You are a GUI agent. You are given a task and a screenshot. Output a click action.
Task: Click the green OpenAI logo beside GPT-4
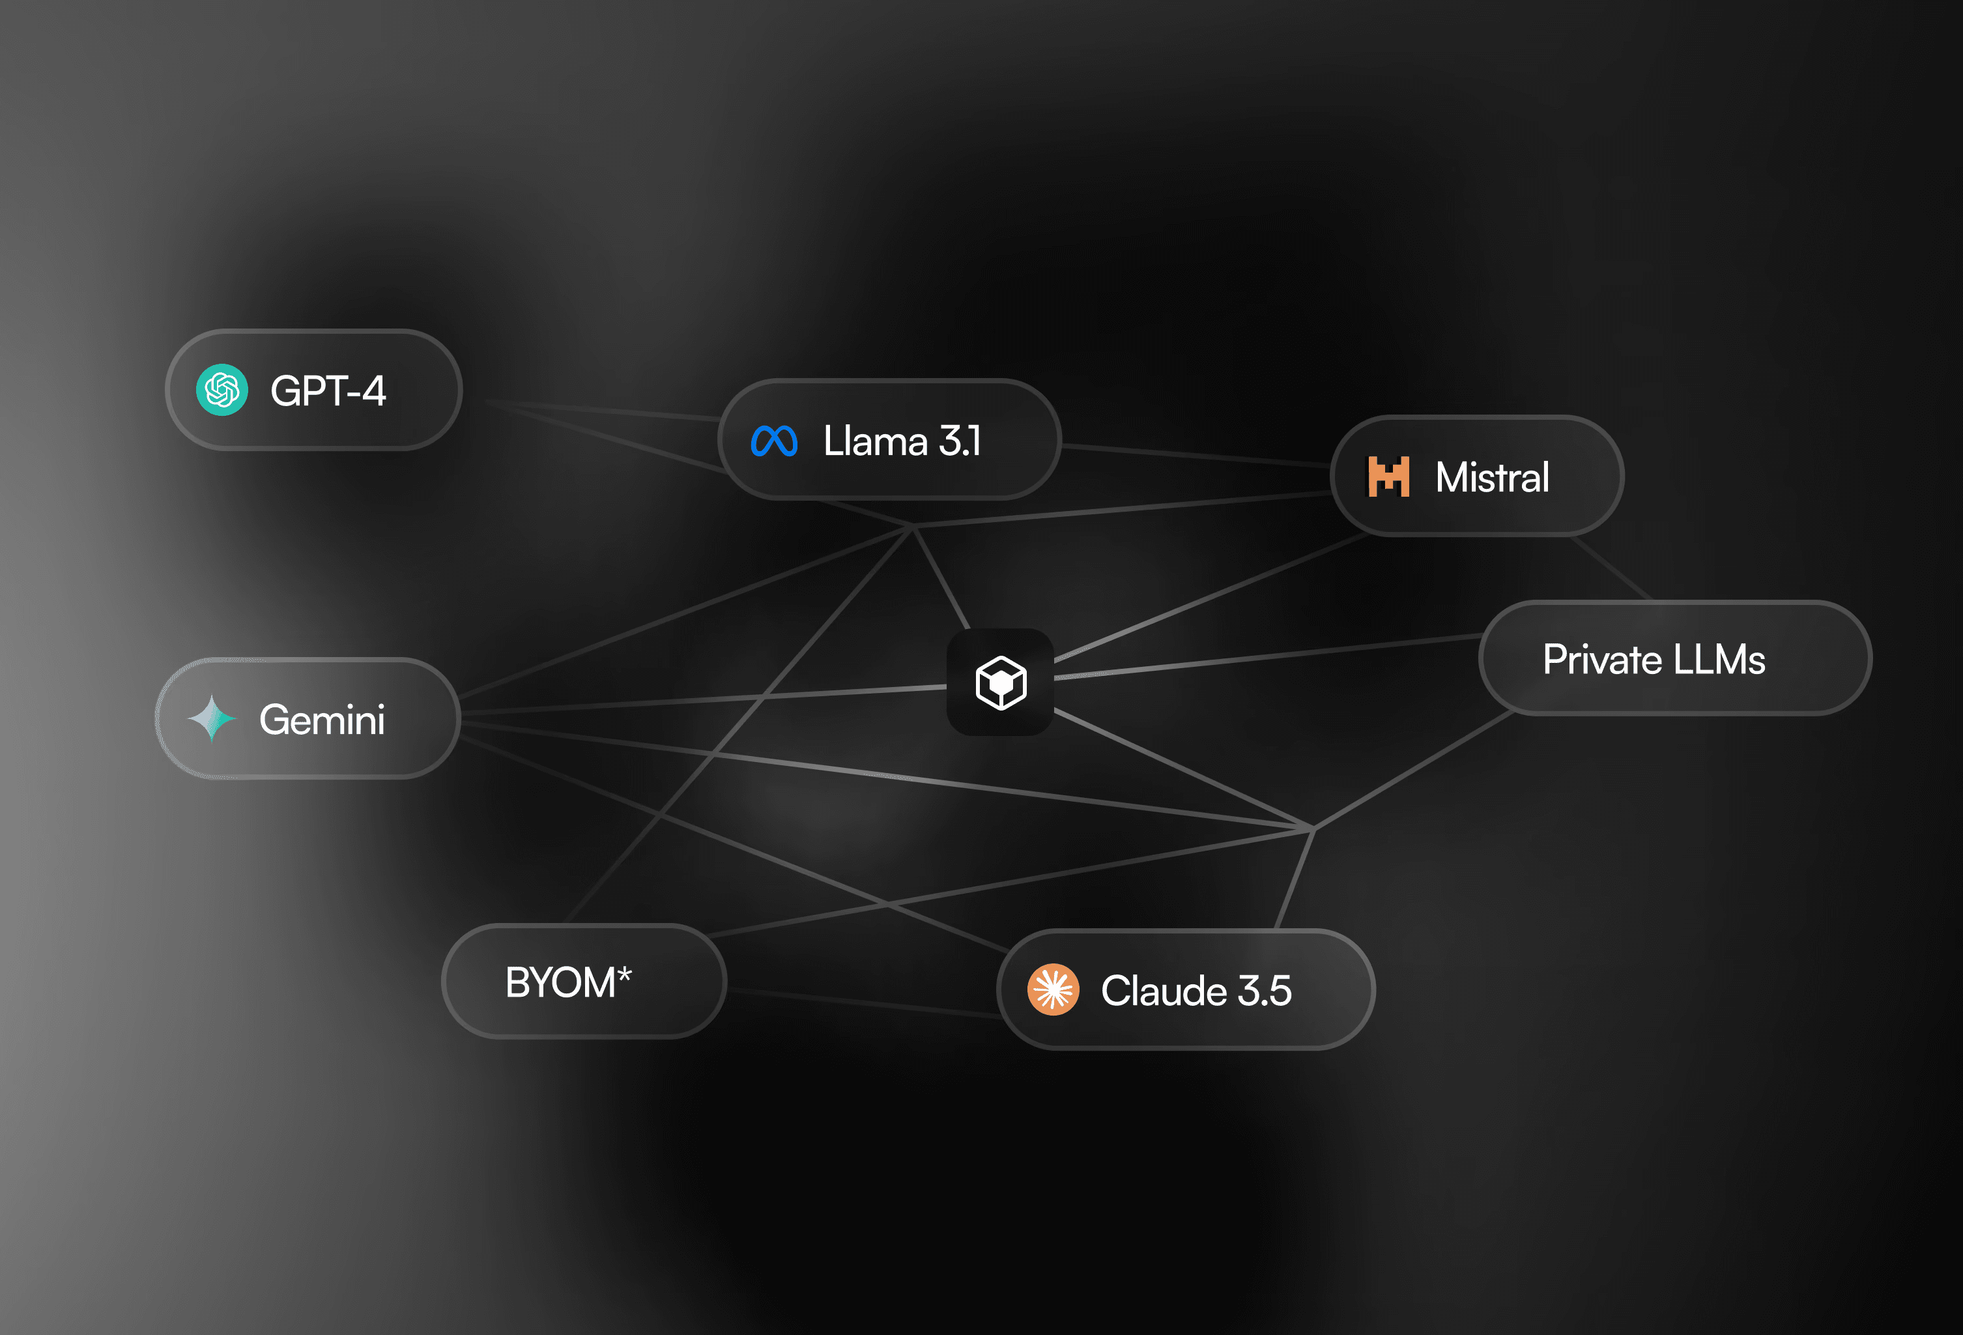tap(222, 390)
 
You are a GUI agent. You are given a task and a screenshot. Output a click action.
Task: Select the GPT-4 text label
tap(328, 391)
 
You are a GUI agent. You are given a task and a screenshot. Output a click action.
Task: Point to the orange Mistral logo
tap(1388, 477)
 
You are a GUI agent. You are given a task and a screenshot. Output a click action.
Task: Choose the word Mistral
tap(1492, 477)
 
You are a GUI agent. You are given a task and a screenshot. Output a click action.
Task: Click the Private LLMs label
tap(1653, 659)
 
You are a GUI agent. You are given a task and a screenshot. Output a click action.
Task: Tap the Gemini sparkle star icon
tap(211, 718)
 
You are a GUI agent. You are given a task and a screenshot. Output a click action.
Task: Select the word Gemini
tap(322, 720)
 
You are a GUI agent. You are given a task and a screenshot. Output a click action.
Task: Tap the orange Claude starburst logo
tap(1052, 990)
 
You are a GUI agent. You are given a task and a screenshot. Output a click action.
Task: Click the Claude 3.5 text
tap(1196, 990)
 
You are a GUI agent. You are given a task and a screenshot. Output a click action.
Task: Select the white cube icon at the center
tap(1001, 682)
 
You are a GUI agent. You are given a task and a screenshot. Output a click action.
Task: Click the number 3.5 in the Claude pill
tap(1264, 990)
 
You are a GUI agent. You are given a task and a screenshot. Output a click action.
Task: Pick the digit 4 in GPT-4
tap(373, 391)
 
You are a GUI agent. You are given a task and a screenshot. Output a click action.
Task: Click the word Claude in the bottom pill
tap(1163, 990)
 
